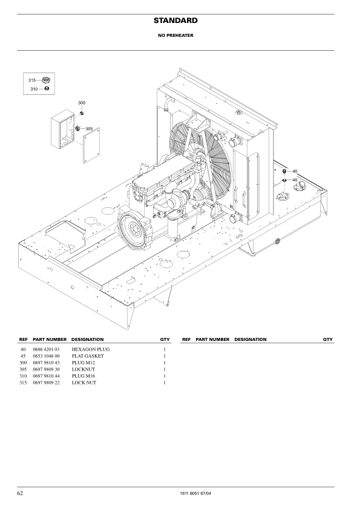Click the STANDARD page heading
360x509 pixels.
[175, 21]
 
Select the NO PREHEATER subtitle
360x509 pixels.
[175, 36]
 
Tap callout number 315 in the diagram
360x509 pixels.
[32, 80]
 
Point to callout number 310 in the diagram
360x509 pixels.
[34, 89]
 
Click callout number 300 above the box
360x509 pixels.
[82, 103]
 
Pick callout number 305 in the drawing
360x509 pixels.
[89, 129]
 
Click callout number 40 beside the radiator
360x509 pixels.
[295, 172]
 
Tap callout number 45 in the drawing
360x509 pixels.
[295, 180]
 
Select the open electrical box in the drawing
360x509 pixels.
[63, 129]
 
